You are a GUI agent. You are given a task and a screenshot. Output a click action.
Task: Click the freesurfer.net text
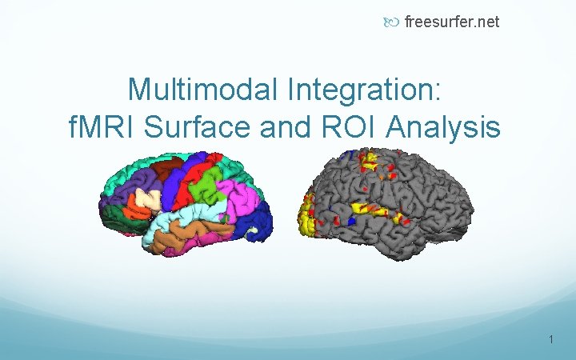452,22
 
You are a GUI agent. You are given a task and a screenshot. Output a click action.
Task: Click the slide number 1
551,341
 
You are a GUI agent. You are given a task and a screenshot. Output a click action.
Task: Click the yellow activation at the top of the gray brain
369,161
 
